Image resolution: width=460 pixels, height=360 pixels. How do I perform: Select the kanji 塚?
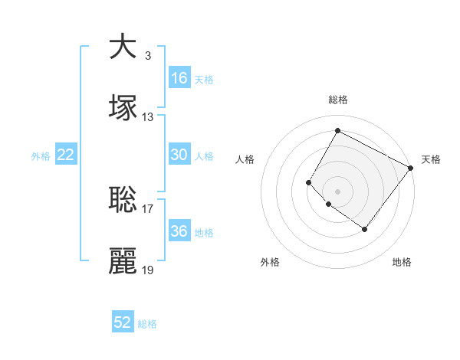click(x=123, y=108)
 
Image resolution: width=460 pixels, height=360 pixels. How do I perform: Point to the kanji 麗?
click(x=123, y=261)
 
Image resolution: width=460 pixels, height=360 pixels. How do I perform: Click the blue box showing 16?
click(x=179, y=78)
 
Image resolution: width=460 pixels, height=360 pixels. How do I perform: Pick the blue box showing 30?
click(x=179, y=155)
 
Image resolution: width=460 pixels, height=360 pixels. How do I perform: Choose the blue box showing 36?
click(x=179, y=231)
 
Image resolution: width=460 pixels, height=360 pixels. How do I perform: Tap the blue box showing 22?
click(x=66, y=155)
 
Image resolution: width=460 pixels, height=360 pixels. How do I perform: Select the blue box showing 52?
click(x=123, y=322)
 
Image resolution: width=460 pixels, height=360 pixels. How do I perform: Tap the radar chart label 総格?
click(x=337, y=100)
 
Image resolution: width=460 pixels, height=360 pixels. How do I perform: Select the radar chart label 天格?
click(x=431, y=159)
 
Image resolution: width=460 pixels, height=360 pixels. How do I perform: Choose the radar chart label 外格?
click(x=270, y=262)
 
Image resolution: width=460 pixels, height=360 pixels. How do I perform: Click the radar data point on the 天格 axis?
click(x=411, y=168)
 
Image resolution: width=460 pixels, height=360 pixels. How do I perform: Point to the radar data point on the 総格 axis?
click(x=337, y=131)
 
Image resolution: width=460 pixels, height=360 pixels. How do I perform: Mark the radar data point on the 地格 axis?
click(x=365, y=229)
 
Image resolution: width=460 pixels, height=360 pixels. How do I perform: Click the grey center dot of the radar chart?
click(x=337, y=191)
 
